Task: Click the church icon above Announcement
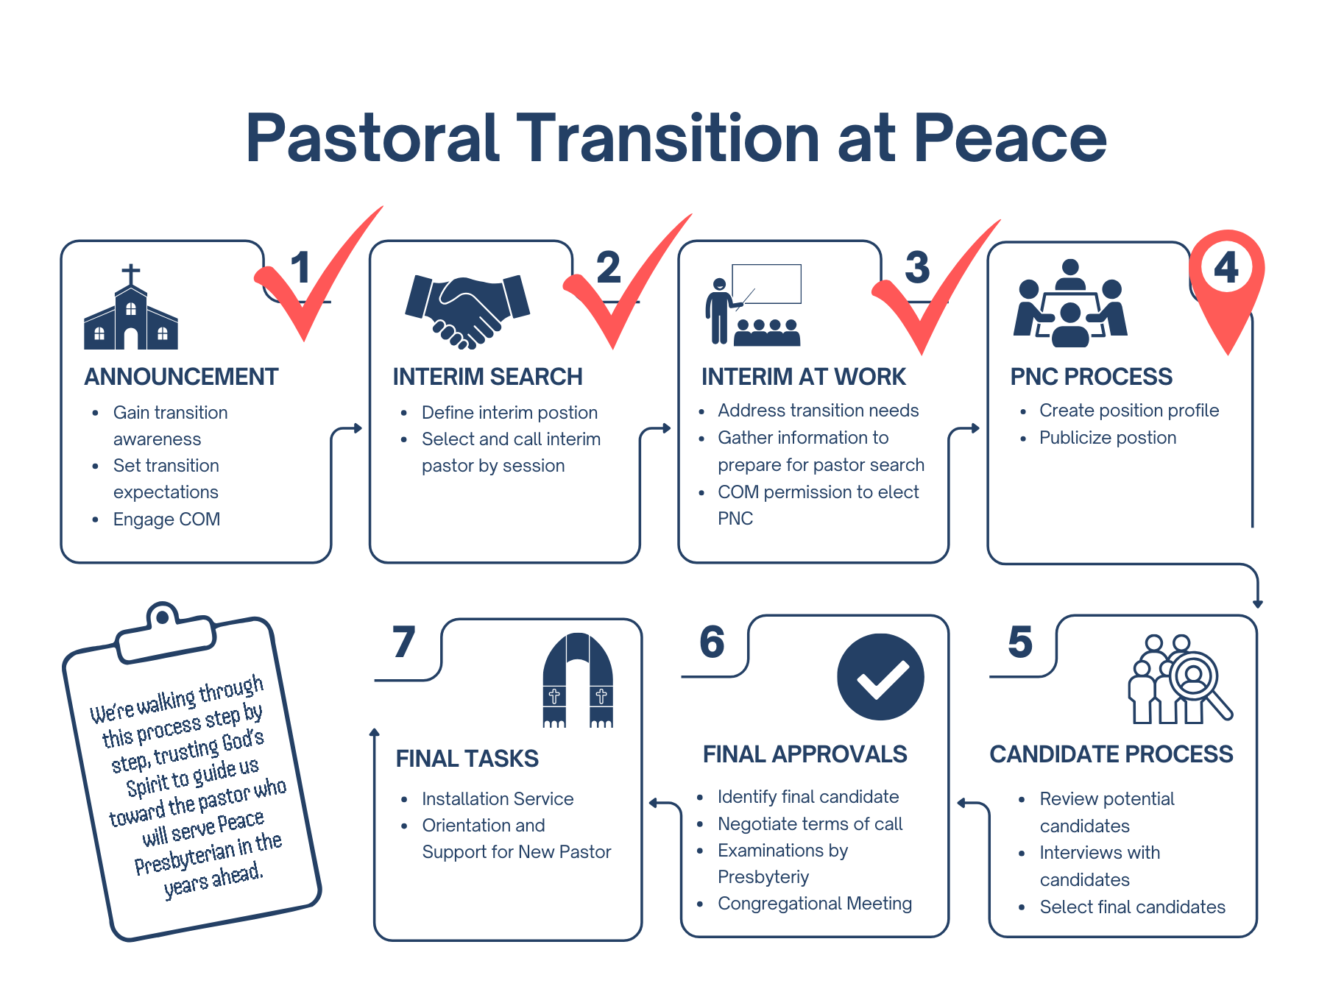(131, 309)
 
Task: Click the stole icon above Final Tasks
(578, 681)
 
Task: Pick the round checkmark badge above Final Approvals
(880, 676)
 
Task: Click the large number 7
(404, 642)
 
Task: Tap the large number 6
(712, 642)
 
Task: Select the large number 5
(1020, 642)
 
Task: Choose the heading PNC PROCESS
(1091, 377)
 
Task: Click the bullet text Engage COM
(166, 520)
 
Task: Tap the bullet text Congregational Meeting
(815, 904)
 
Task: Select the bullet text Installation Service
(498, 799)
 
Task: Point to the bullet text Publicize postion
(1108, 438)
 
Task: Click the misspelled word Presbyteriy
(763, 877)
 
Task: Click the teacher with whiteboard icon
(753, 305)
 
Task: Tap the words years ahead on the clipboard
(213, 879)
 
